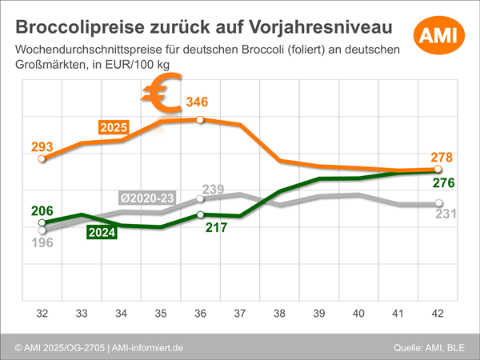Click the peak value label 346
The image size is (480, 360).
[x=198, y=102]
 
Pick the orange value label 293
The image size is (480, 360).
[x=42, y=146]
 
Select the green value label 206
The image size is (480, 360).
[x=42, y=211]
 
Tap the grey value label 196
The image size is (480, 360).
[x=42, y=242]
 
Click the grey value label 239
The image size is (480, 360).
[x=213, y=189]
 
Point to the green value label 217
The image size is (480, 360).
[x=217, y=227]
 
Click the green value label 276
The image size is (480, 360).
[x=443, y=183]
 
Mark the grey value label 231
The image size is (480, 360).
[x=445, y=214]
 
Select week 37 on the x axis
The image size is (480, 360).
[x=238, y=312]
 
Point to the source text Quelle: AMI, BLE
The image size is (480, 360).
[x=429, y=347]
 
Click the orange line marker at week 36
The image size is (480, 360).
[x=199, y=119]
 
